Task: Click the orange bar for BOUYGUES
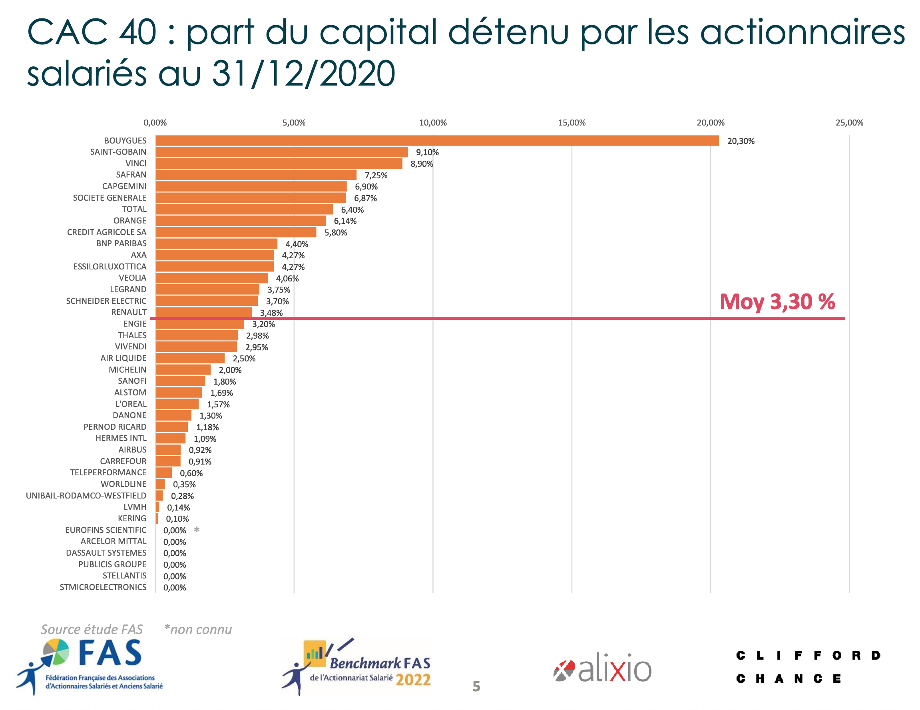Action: click(436, 141)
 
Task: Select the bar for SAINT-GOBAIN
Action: click(281, 152)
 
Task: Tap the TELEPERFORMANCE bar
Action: click(163, 473)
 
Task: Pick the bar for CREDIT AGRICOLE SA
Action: click(235, 232)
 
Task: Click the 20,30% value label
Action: click(741, 141)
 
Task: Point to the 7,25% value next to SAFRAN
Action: click(376, 175)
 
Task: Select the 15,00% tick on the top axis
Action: click(571, 123)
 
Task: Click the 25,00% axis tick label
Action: click(849, 123)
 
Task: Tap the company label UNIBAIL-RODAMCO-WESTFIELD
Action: click(86, 496)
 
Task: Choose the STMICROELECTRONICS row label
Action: click(103, 587)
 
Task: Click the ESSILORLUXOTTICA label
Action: click(110, 266)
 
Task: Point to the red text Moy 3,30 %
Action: click(777, 302)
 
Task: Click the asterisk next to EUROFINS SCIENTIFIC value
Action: click(197, 530)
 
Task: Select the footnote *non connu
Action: click(197, 629)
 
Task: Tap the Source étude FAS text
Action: click(92, 629)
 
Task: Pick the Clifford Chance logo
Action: click(808, 666)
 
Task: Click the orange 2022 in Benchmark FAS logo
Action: click(413, 680)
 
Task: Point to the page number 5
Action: click(476, 686)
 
